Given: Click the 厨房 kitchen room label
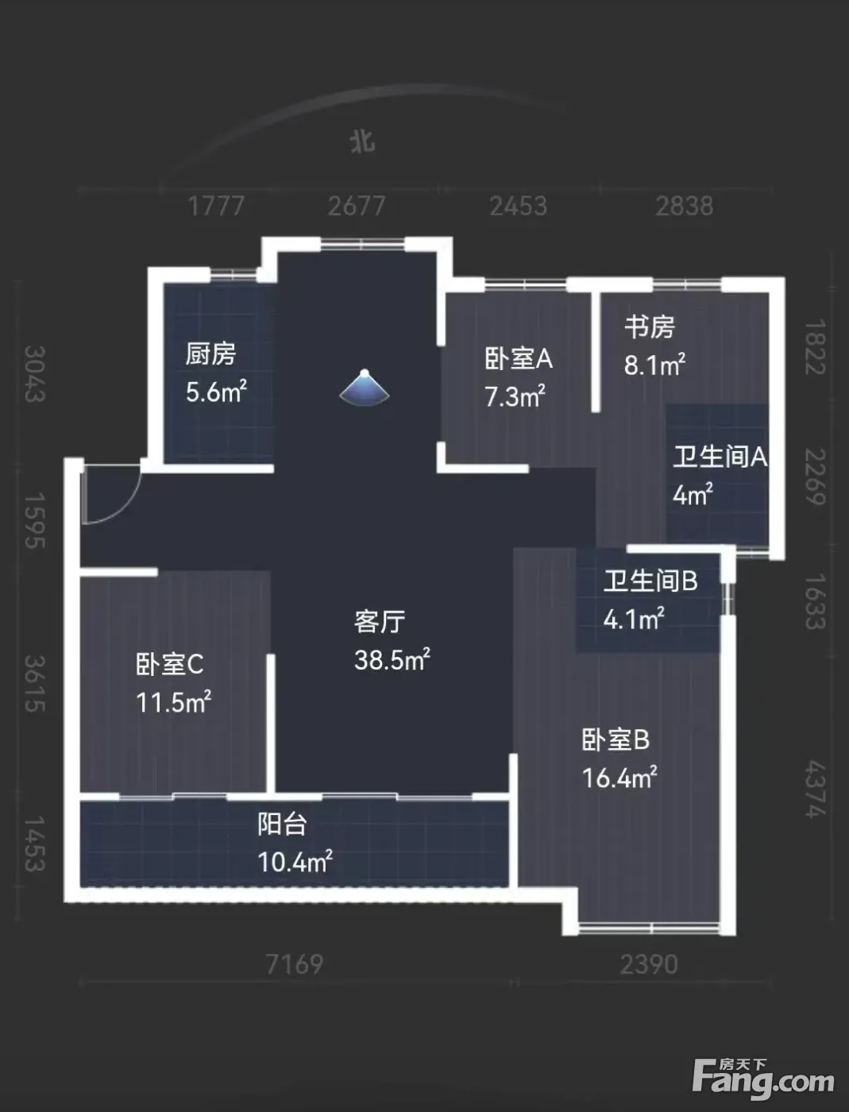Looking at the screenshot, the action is [210, 353].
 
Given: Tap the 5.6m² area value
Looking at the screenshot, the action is [216, 392].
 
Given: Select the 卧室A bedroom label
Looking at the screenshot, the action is [518, 359].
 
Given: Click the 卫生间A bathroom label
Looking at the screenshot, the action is [720, 457].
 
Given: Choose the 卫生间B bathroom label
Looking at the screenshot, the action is [650, 581].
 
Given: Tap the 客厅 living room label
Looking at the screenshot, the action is [380, 622].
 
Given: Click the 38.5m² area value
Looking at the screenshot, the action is [392, 659].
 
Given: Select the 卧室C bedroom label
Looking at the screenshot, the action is [170, 664].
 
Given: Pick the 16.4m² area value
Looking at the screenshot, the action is [619, 778].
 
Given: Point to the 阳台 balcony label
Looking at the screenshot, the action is [282, 824].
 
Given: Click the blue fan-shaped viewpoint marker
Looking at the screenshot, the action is [365, 388].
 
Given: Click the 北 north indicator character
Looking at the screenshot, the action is [363, 141].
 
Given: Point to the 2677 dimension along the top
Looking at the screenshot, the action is [357, 207].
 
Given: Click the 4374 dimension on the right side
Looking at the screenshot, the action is [816, 789].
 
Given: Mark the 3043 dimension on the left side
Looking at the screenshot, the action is [36, 374].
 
